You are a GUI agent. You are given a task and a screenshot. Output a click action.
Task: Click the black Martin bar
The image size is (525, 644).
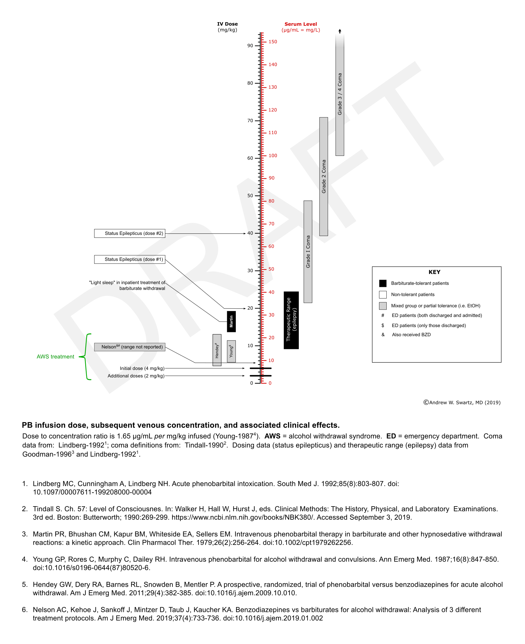(231, 321)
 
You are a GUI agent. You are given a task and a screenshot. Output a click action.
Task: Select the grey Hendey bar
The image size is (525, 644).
(217, 350)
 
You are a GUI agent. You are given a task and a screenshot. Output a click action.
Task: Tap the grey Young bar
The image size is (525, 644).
(231, 351)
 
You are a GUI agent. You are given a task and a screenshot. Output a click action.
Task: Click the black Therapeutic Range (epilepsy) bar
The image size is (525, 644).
(291, 320)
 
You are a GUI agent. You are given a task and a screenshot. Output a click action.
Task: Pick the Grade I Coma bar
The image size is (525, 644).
(308, 252)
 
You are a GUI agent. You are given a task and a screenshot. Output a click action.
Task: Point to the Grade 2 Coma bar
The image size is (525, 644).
(324, 176)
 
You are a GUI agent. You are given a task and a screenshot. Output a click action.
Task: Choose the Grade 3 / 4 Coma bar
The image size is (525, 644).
(340, 95)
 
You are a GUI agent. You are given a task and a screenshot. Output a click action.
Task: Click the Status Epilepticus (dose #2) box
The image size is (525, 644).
(130, 233)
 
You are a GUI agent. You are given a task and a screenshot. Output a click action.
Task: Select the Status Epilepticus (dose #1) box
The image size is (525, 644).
(130, 259)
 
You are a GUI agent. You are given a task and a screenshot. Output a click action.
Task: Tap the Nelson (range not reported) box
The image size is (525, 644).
(130, 347)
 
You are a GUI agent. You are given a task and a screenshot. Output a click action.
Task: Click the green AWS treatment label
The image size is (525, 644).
(55, 357)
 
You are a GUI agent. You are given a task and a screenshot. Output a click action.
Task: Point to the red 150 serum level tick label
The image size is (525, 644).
(273, 42)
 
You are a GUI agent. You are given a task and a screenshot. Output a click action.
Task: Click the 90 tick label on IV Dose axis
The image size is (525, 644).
(250, 46)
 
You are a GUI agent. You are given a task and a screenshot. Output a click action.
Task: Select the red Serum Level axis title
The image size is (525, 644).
(301, 24)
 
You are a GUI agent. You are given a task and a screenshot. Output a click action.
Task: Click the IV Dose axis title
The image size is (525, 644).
(227, 24)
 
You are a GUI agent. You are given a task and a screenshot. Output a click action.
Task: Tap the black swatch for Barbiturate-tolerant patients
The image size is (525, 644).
(383, 283)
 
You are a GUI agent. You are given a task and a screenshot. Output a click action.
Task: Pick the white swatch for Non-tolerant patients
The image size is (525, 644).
(383, 294)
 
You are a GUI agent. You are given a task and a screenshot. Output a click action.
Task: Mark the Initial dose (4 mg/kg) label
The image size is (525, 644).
(142, 368)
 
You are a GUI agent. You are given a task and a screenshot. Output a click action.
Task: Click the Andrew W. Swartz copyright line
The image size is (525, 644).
(462, 402)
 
